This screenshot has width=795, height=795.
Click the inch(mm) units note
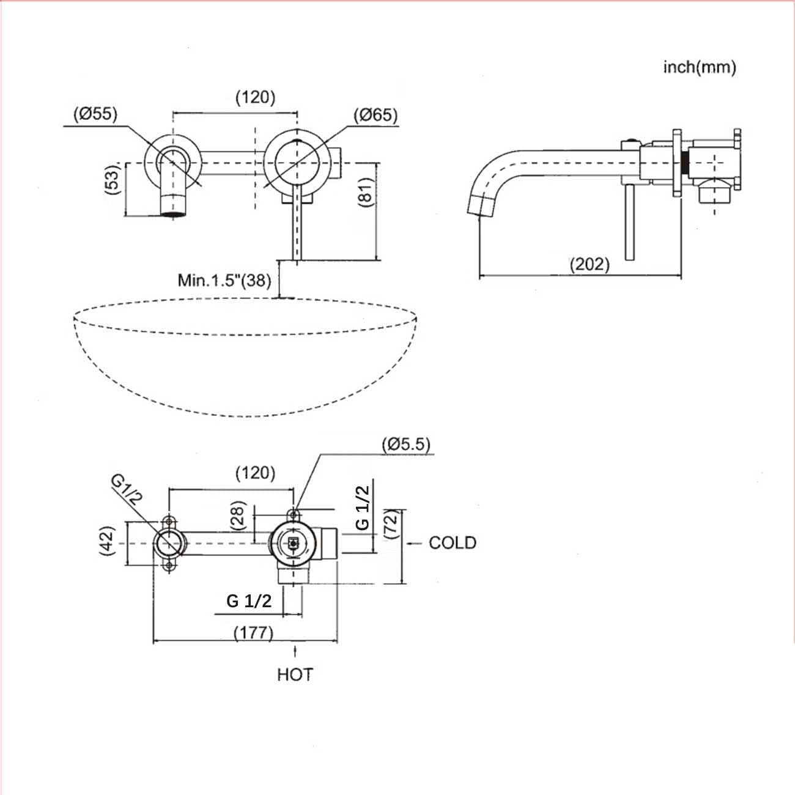tap(700, 67)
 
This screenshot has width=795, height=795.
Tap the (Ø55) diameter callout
tap(95, 114)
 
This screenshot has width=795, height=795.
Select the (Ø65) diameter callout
tap(375, 115)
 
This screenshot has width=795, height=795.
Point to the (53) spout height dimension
tap(112, 179)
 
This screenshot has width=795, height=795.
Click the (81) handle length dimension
tap(365, 192)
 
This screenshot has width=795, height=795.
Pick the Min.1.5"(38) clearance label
tap(224, 281)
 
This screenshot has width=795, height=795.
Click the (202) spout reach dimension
tap(590, 264)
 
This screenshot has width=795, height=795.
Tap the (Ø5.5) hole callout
tap(406, 445)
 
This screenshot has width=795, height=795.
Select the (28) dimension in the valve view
tap(239, 516)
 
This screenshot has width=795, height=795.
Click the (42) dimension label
tap(107, 541)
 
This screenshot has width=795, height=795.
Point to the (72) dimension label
tap(391, 524)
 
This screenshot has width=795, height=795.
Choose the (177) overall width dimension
tap(253, 632)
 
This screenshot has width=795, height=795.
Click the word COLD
tap(453, 543)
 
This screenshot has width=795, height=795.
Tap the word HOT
tap(295, 675)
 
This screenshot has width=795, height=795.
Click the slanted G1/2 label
tap(126, 490)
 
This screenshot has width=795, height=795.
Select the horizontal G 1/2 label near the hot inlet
tap(249, 601)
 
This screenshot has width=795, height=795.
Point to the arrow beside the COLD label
tap(414, 544)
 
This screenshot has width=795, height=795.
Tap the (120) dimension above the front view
tap(256, 97)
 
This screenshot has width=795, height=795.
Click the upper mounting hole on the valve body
tap(294, 515)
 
